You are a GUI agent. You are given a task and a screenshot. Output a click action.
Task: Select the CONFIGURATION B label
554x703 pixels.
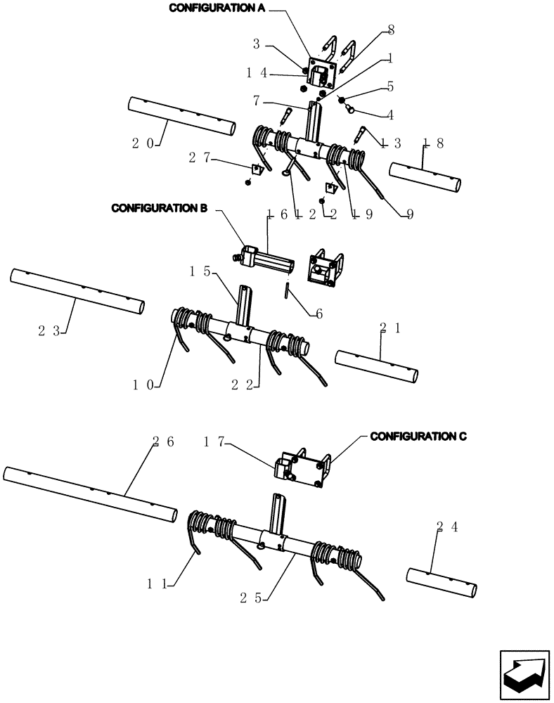pos(159,209)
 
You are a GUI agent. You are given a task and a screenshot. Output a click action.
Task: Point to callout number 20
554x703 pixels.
pos(143,143)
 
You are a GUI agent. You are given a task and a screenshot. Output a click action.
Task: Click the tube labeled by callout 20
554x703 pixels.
pos(181,117)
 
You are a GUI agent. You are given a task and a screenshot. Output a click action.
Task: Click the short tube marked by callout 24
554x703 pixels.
pos(442,582)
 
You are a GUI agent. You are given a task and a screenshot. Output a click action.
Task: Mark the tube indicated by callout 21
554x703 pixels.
pos(377,366)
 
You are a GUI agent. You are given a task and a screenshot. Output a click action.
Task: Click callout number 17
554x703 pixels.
pos(214,441)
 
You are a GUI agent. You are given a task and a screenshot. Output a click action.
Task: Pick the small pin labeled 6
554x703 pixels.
pos(288,290)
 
